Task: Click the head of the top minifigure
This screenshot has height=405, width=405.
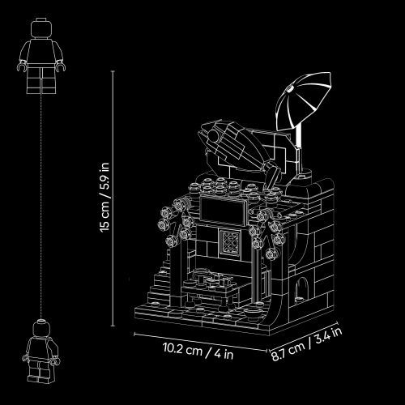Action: point(41,28)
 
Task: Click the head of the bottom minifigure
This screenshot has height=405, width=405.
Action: point(41,328)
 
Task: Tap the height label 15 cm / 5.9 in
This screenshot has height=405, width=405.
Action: point(104,197)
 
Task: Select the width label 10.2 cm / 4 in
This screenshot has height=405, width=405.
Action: point(198,351)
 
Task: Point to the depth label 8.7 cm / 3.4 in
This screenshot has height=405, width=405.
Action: point(306,343)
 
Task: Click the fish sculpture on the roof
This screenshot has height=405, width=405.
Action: point(237,147)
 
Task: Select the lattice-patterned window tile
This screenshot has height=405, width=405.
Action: point(229,242)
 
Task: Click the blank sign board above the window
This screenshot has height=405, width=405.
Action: point(223,211)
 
